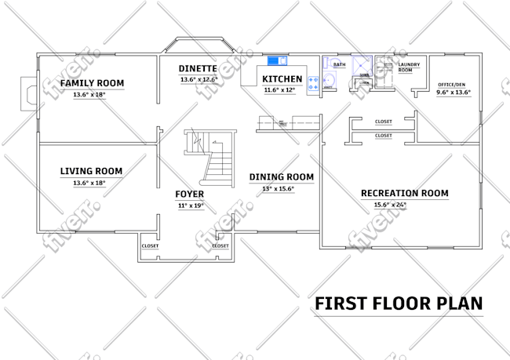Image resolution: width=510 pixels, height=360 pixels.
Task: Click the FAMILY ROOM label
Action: click(x=92, y=83)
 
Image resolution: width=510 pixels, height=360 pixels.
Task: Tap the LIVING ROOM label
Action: click(x=91, y=171)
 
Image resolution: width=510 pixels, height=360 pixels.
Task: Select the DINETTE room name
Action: click(x=198, y=68)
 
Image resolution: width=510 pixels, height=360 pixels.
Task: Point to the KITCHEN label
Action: click(x=282, y=79)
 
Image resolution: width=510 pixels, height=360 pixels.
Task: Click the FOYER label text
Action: click(x=190, y=194)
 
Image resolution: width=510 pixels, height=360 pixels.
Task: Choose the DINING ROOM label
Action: click(x=281, y=177)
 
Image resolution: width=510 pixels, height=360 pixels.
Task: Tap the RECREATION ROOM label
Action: click(x=404, y=193)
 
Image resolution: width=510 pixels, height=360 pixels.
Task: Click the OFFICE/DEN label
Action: click(x=453, y=84)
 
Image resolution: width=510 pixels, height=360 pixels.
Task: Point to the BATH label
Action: click(x=339, y=64)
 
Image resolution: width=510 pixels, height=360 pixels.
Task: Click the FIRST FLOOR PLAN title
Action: click(x=399, y=303)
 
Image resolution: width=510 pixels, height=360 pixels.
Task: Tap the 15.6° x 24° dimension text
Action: click(x=389, y=205)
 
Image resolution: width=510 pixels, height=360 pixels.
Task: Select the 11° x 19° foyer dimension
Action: click(x=190, y=205)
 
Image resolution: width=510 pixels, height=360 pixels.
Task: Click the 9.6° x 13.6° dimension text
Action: click(x=453, y=93)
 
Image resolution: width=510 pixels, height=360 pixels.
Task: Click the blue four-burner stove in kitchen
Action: click(x=313, y=85)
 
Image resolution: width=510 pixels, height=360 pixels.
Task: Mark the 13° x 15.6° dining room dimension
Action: click(x=278, y=189)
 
